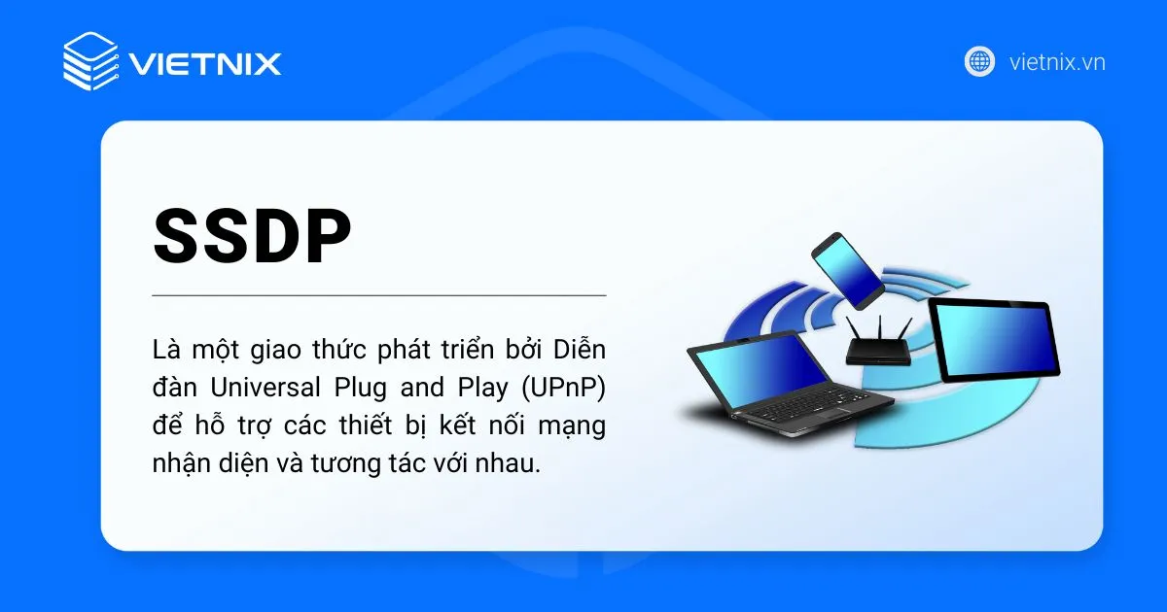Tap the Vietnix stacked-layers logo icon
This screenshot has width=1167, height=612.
pyautogui.click(x=89, y=61)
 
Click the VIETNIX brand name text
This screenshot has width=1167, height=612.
pyautogui.click(x=205, y=64)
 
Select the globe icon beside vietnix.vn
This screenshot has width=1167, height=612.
pyautogui.click(x=979, y=62)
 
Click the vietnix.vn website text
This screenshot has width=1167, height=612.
pyautogui.click(x=1057, y=63)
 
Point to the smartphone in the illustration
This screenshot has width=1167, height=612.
pyautogui.click(x=847, y=267)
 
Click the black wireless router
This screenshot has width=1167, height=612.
pyautogui.click(x=879, y=352)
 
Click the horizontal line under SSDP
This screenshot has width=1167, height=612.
pyautogui.click(x=379, y=294)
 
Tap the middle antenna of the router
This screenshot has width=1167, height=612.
pyautogui.click(x=879, y=325)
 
